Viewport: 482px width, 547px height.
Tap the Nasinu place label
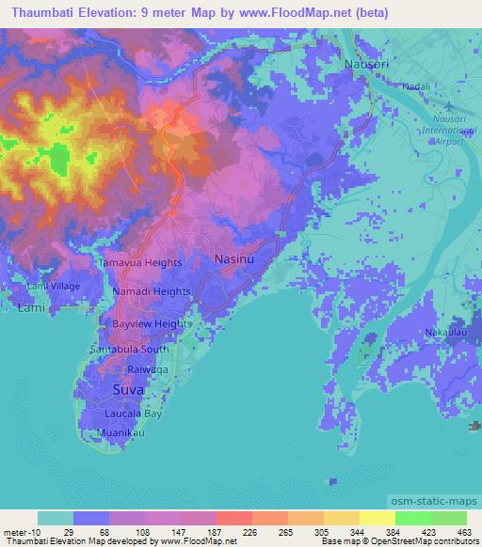(x=235, y=258)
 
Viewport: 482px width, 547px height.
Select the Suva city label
(x=128, y=388)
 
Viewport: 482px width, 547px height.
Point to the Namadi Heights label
(x=152, y=292)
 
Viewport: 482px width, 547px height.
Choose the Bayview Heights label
(x=153, y=323)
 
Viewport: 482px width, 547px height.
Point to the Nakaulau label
(x=445, y=333)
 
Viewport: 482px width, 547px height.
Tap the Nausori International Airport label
(x=444, y=128)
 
